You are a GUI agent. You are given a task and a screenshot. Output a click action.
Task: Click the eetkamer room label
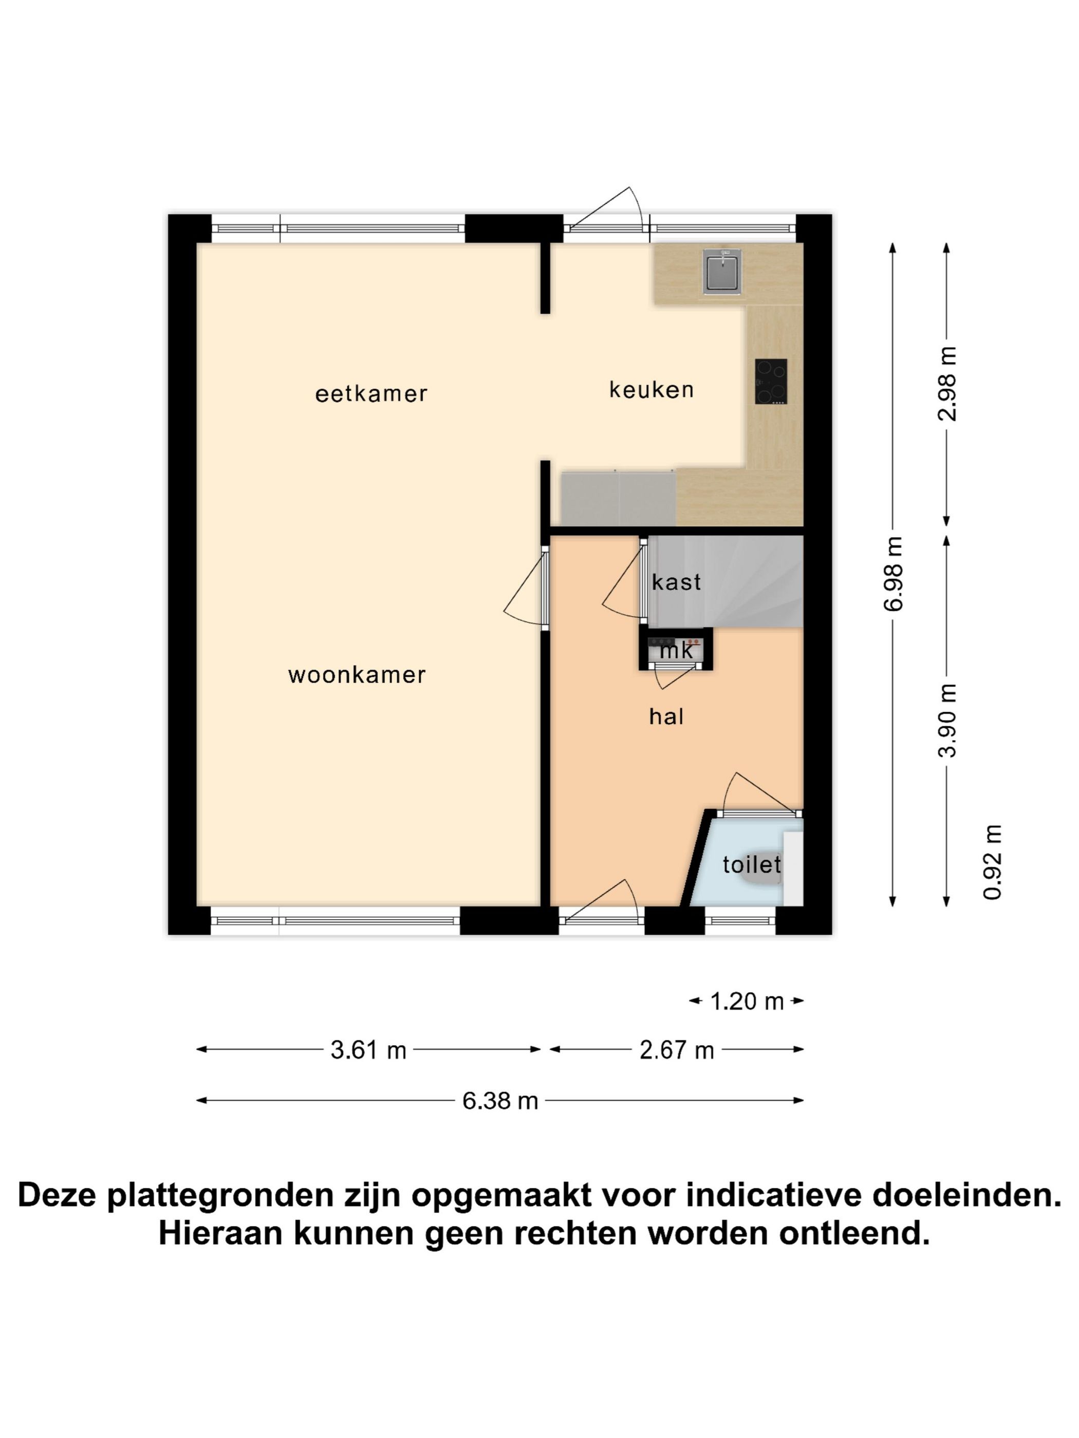coord(371,394)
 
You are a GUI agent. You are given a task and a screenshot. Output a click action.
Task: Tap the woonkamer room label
coord(357,675)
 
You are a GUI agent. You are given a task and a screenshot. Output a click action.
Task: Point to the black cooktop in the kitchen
coord(771,382)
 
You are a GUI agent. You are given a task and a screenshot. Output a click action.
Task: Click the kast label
coord(676,582)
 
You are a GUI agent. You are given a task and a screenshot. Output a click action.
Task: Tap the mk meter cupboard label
coord(676,650)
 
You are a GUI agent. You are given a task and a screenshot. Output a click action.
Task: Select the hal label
coord(666,716)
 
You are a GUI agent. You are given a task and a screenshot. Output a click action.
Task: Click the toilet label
coord(751,865)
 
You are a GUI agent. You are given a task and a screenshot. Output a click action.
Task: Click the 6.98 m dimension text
coord(894,574)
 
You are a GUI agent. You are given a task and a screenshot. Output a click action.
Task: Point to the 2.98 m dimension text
coord(947,384)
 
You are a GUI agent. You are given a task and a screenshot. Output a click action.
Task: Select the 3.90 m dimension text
coord(947,721)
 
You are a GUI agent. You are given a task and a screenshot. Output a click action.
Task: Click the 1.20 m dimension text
coord(746,1001)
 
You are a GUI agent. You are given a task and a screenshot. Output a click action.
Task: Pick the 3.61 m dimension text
coord(368,1050)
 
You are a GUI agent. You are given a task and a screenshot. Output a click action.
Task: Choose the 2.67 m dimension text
coord(676,1050)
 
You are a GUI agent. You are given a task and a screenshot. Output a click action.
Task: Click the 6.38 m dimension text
coord(500,1101)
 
